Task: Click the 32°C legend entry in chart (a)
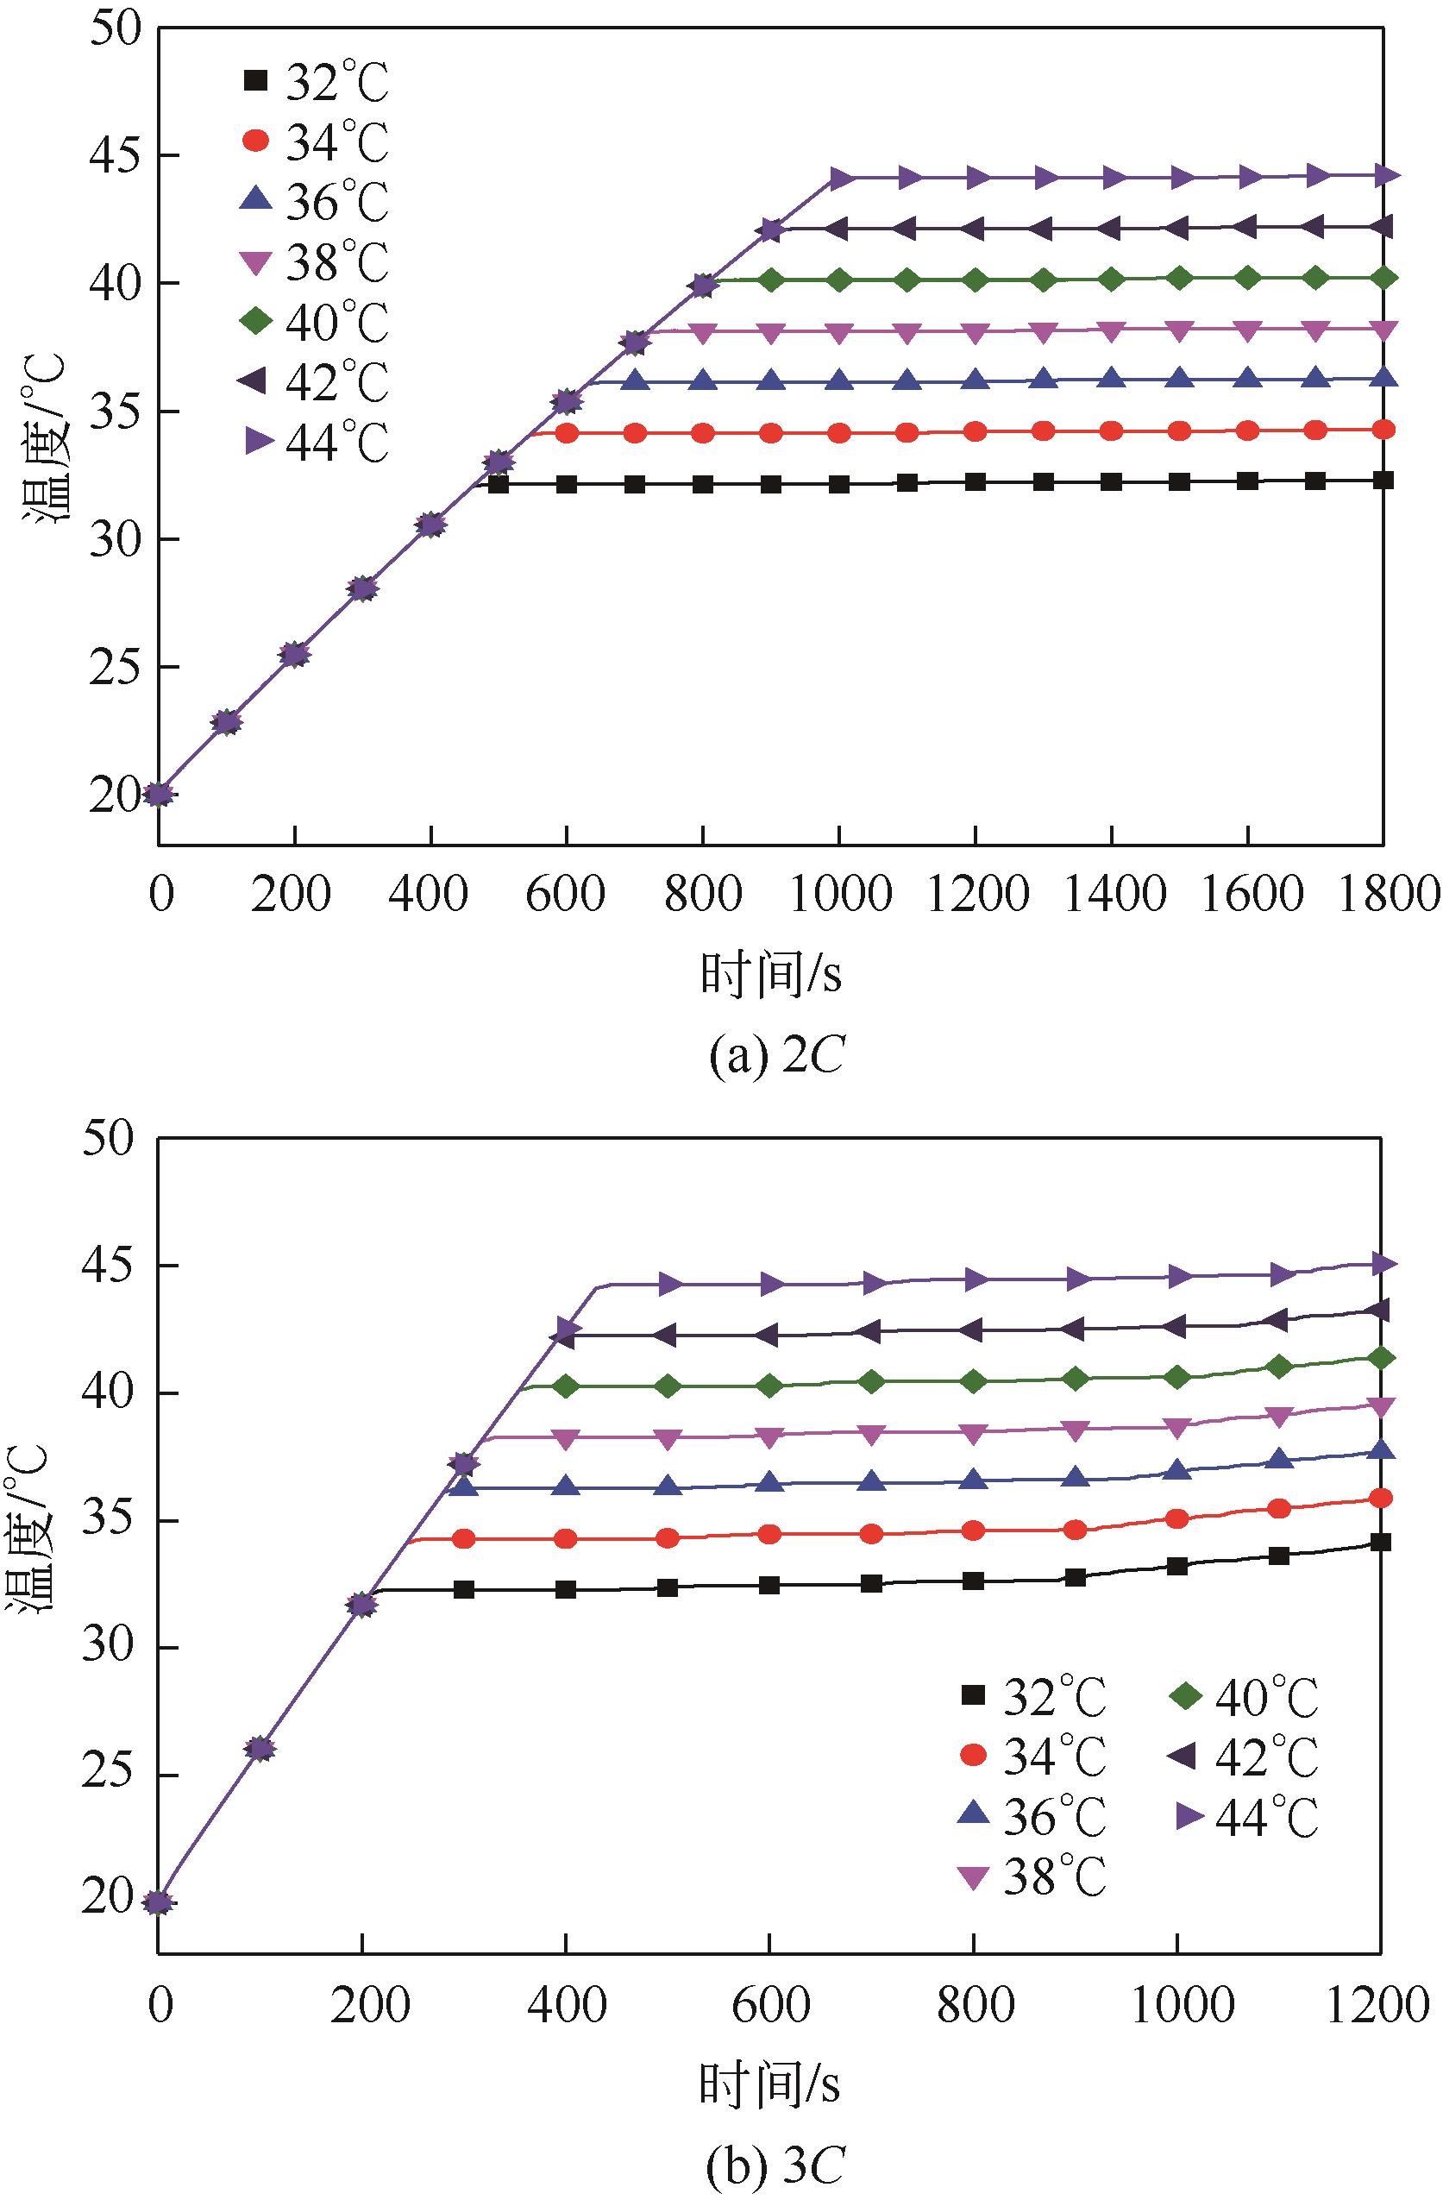pyautogui.click(x=314, y=82)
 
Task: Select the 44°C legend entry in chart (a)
pyautogui.click(x=314, y=443)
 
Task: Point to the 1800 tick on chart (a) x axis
pyautogui.click(x=1383, y=895)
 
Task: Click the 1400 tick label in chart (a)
pyautogui.click(x=1111, y=895)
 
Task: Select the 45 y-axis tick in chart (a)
pyautogui.click(x=115, y=155)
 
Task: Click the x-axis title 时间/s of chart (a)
pyautogui.click(x=771, y=973)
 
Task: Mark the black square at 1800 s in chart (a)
pyautogui.click(x=1383, y=480)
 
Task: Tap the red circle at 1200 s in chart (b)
pyautogui.click(x=1380, y=1499)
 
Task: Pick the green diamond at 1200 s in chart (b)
pyautogui.click(x=1380, y=1358)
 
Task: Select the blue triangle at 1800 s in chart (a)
pyautogui.click(x=1383, y=378)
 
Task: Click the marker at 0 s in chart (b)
pyautogui.click(x=159, y=1902)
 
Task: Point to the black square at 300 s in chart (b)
pyautogui.click(x=464, y=1590)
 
